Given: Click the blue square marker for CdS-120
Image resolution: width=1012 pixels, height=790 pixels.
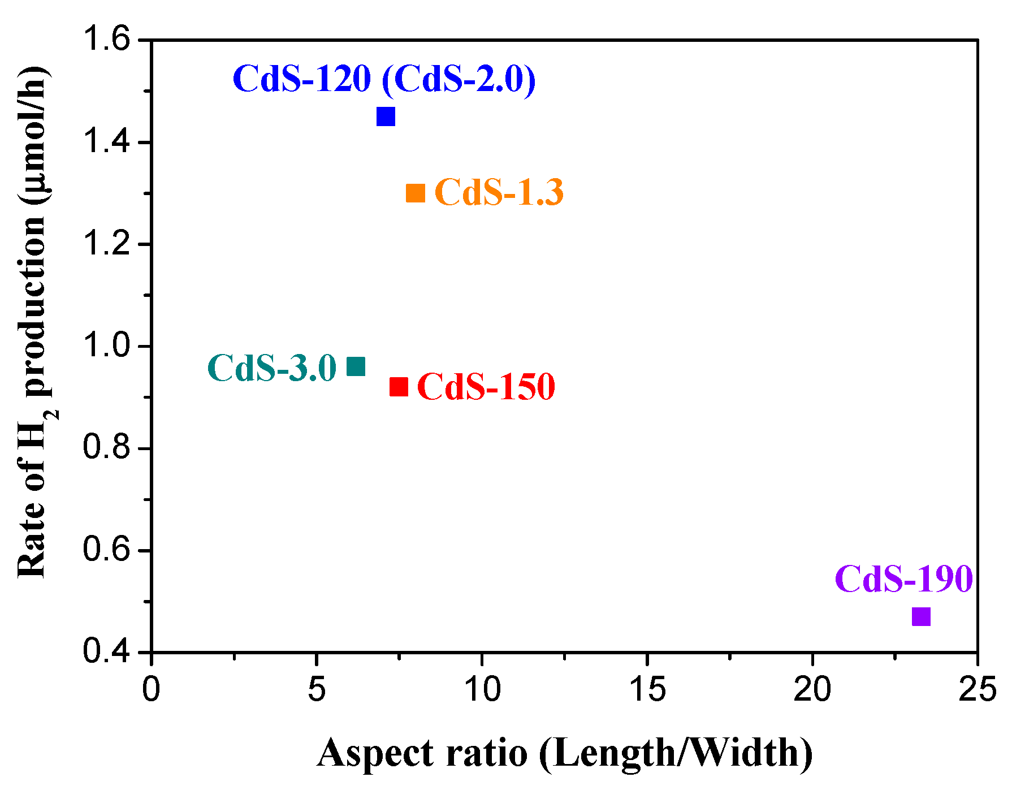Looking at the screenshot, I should pos(386,117).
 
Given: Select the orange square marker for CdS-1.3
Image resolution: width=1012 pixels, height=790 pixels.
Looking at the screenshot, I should pos(416,193).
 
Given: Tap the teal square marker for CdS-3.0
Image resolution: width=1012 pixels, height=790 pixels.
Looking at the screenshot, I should pos(356,366).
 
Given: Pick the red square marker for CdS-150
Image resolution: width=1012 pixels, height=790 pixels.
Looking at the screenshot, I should pos(399,387).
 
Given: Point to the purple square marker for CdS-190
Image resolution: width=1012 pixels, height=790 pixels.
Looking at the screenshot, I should pos(921,616).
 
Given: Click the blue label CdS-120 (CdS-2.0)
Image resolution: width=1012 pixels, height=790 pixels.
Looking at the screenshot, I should pos(384,79).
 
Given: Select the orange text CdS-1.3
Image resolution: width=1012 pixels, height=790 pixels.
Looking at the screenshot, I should pos(499,192).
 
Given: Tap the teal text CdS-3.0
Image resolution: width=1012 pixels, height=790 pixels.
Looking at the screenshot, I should pos(272,368).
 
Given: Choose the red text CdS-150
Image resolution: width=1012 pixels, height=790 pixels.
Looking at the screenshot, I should pos(486,387).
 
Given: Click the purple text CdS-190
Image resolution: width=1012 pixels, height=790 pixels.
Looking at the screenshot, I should pos(903,579).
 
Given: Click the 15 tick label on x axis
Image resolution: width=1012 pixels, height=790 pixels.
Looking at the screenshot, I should pos(647,689).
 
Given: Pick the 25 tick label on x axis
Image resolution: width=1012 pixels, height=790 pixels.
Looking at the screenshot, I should pos(977,689).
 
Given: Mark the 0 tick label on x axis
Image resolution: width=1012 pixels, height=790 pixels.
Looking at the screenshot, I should pos(152,689).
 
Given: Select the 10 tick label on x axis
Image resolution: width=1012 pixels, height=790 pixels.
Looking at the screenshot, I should pos(482,689).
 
